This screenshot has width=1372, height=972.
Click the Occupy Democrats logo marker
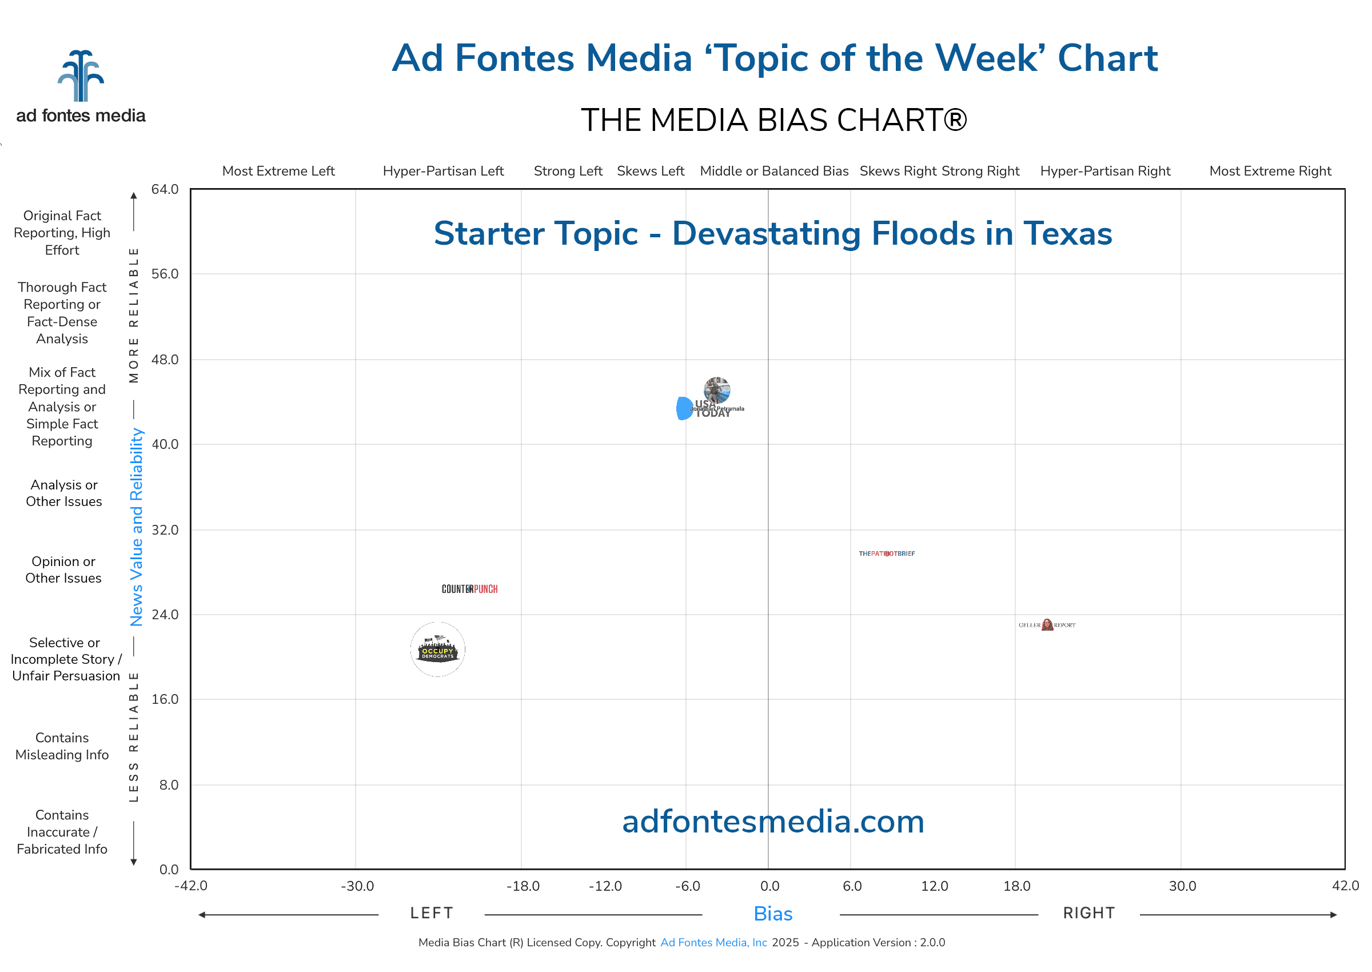(x=437, y=650)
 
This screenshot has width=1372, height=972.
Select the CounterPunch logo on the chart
(x=469, y=589)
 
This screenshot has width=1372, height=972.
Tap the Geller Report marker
(x=1047, y=625)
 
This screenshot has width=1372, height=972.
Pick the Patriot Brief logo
(x=886, y=553)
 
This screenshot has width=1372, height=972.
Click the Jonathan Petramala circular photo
(x=717, y=391)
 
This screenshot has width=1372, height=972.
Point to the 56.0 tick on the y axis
(x=165, y=274)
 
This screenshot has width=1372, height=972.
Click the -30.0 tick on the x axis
(x=357, y=886)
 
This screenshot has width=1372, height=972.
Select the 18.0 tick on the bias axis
(x=1016, y=886)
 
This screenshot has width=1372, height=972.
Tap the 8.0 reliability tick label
(x=169, y=784)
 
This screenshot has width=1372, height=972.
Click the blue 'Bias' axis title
(x=772, y=914)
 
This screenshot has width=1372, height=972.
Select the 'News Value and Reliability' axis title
(x=137, y=527)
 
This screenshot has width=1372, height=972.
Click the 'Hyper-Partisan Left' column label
(x=444, y=171)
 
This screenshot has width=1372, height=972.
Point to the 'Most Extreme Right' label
(x=1270, y=171)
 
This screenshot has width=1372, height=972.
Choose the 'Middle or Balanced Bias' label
(x=773, y=171)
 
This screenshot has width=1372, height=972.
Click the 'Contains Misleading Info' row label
(x=62, y=746)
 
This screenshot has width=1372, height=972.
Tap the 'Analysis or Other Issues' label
(x=64, y=493)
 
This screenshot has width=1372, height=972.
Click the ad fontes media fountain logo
(x=81, y=76)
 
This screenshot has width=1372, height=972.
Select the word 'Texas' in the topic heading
(x=1067, y=233)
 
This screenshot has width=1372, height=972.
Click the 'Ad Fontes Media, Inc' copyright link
(x=713, y=943)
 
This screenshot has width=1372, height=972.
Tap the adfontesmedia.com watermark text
(x=772, y=822)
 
